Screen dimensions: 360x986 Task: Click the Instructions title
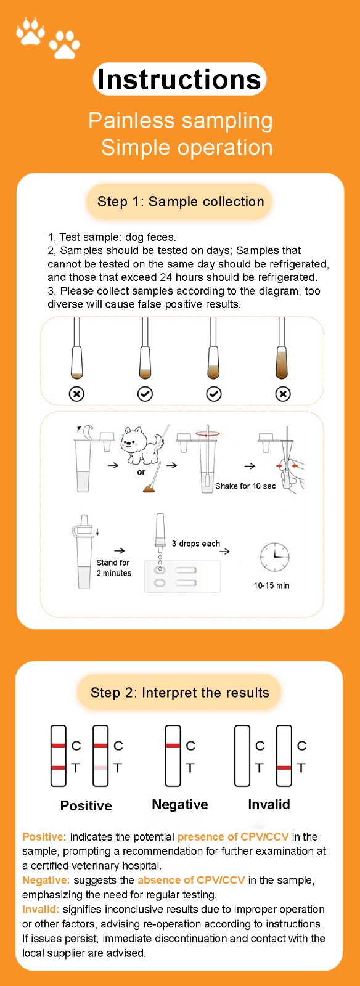(179, 79)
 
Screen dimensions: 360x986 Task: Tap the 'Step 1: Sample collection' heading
(181, 202)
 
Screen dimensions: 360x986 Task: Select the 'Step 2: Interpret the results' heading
(179, 693)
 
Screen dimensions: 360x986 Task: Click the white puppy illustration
(142, 444)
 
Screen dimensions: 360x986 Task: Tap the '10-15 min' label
(271, 585)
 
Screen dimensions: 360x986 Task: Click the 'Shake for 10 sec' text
(245, 486)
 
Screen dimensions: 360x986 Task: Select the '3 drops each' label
(196, 544)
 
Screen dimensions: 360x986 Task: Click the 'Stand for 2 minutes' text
(114, 568)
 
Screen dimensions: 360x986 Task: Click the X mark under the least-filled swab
(76, 394)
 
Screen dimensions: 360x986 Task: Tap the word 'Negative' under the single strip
(179, 804)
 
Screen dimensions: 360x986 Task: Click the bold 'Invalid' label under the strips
(269, 804)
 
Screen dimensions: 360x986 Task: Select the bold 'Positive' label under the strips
(86, 805)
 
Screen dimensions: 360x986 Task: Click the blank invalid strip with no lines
(242, 756)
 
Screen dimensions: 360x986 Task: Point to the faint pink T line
(100, 768)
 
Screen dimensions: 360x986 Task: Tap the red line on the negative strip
(173, 745)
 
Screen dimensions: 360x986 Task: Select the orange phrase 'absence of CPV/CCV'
(191, 880)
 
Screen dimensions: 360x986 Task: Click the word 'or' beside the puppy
(141, 472)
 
